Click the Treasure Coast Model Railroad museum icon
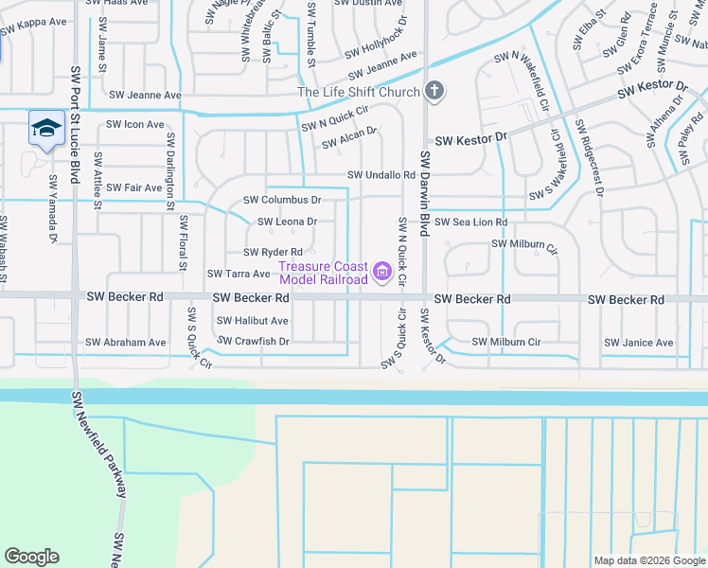tap(382, 273)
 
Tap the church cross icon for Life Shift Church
tap(434, 92)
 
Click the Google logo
tap(31, 557)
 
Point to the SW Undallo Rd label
tap(381, 175)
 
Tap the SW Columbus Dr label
tap(282, 200)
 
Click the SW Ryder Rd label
tap(273, 252)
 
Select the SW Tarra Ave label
tap(239, 274)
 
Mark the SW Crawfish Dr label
tap(253, 340)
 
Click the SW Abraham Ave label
tap(125, 343)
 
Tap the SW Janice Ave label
tap(641, 343)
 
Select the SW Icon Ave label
tap(134, 124)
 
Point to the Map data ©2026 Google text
tap(648, 560)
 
